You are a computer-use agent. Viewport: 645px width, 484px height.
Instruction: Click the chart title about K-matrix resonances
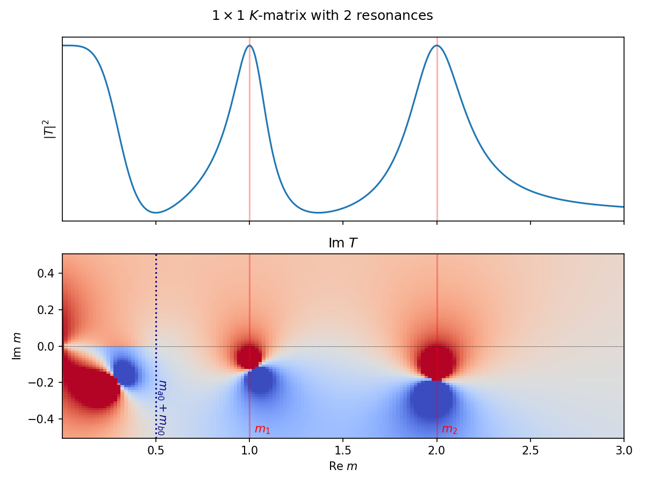322,16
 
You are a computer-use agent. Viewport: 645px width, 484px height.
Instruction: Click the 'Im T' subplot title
343,244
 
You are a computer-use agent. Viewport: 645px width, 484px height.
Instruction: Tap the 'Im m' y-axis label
17,346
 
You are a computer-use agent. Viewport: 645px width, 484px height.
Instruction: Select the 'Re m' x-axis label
343,466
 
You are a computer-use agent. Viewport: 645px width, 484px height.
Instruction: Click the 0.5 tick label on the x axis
156,450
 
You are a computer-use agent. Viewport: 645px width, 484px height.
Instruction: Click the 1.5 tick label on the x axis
343,450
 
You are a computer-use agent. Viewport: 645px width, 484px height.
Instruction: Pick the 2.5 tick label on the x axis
531,450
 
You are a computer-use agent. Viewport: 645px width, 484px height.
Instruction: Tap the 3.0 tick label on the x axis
623,450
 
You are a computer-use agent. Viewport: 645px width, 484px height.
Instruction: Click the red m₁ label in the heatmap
262,429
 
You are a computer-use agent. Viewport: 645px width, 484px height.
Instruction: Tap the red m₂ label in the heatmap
449,429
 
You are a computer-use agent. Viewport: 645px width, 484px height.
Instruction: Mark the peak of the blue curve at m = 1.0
249,45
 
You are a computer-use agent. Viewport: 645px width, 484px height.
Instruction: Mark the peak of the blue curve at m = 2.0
436,45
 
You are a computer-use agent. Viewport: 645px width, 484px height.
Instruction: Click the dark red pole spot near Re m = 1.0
249,357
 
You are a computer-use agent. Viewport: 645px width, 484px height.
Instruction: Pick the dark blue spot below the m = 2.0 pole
432,400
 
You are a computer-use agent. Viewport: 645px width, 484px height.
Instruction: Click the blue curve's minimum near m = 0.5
156,212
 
